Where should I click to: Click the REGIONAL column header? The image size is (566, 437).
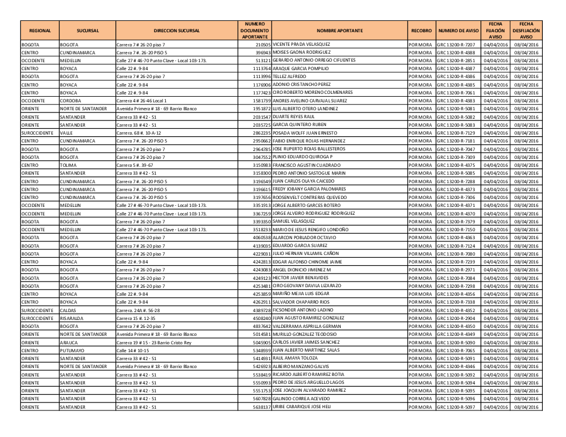click(40, 31)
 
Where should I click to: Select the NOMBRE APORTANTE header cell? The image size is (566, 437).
click(340, 31)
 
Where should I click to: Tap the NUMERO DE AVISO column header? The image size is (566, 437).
click(458, 31)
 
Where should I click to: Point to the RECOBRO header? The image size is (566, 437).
click(422, 31)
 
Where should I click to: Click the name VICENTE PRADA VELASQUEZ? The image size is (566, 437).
click(301, 44)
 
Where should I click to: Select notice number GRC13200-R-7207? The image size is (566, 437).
click(459, 44)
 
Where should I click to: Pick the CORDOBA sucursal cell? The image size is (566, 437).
click(71, 100)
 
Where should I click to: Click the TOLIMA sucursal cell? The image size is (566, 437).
click(70, 165)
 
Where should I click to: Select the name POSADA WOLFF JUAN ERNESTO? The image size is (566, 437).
click(305, 132)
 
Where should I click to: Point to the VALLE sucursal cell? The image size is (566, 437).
click(67, 133)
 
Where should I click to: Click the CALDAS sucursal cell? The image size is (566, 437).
click(69, 310)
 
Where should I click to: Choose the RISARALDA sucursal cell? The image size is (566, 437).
click(72, 318)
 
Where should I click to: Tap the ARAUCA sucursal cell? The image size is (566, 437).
click(70, 343)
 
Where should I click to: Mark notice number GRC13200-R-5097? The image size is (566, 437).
click(459, 407)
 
